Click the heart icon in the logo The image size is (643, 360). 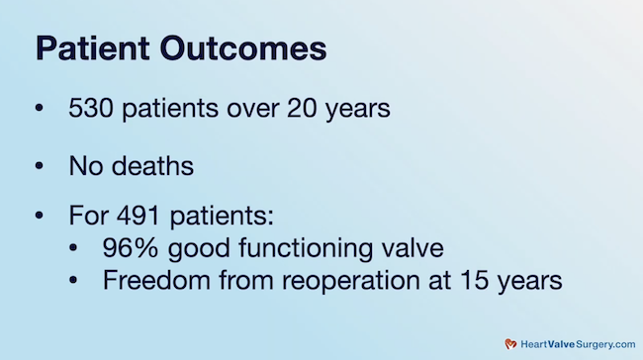[511, 343]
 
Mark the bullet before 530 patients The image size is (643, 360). [40, 109]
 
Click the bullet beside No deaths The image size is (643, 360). [40, 167]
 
